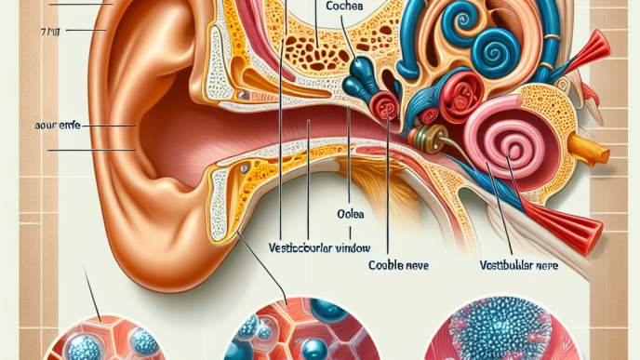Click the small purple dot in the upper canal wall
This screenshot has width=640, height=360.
241,95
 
